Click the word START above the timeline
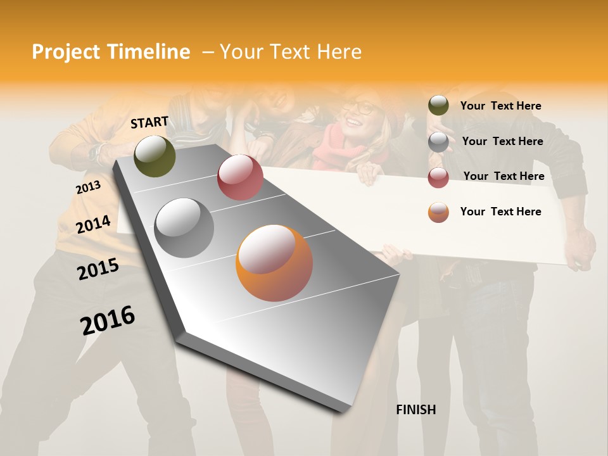point(149,122)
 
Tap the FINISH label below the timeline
point(416,410)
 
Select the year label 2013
point(88,187)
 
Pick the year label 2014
point(93,224)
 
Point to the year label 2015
point(98,269)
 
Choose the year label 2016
point(108,320)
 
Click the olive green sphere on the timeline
point(155,156)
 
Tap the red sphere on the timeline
point(240,177)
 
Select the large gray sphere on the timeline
point(184,227)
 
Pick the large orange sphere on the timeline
point(274,263)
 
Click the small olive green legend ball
point(438,106)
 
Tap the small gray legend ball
point(438,142)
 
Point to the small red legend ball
point(438,177)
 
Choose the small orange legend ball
point(438,212)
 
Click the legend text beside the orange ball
point(500,212)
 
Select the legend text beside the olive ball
point(500,106)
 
